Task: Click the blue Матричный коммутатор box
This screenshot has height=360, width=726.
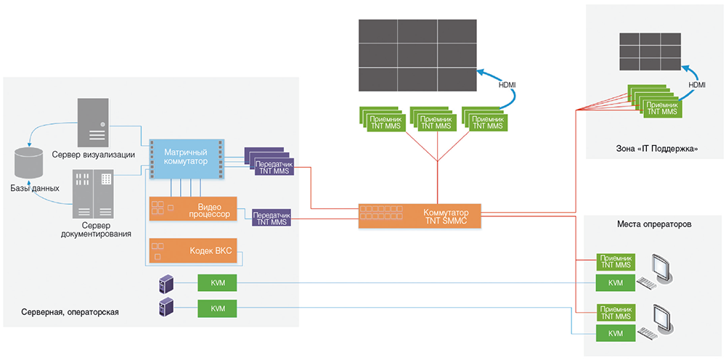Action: pyautogui.click(x=187, y=157)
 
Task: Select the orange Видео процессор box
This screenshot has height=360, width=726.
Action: pyautogui.click(x=193, y=210)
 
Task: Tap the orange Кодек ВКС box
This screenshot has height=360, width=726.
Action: pyautogui.click(x=193, y=250)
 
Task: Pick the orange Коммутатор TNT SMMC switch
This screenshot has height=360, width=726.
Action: pyautogui.click(x=420, y=214)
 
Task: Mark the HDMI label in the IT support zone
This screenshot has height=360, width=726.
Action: pyautogui.click(x=697, y=85)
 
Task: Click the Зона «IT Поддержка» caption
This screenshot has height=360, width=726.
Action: pyautogui.click(x=655, y=149)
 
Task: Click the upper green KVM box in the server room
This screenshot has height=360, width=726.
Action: pyautogui.click(x=218, y=282)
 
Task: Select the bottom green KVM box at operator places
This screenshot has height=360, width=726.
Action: pyautogui.click(x=614, y=332)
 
